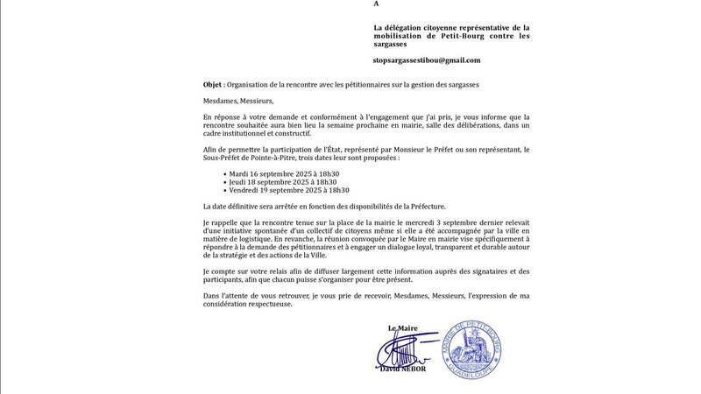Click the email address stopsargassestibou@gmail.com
pos(427,60)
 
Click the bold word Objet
pos(212,85)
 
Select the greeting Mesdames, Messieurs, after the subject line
pos(238,101)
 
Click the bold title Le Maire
pos(402,328)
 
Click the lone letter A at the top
pos(377,4)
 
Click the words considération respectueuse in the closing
pos(248,304)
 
